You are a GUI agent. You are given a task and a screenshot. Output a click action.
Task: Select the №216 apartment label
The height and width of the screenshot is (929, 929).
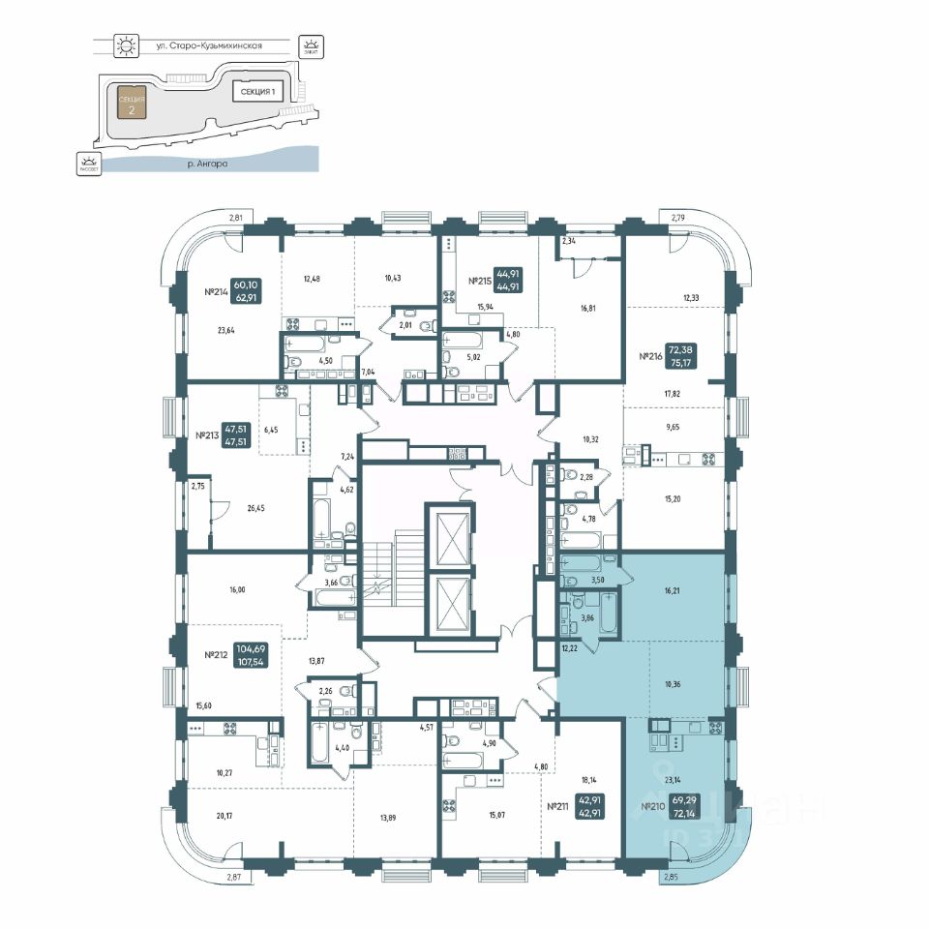[650, 355]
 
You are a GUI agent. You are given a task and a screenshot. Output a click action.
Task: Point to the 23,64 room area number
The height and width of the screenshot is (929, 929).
[225, 330]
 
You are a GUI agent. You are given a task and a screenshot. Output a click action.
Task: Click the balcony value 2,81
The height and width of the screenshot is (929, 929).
[235, 218]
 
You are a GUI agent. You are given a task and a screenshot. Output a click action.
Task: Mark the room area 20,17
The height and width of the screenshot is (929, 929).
[225, 816]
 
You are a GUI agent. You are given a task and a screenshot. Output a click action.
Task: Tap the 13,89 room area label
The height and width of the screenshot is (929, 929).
[387, 818]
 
